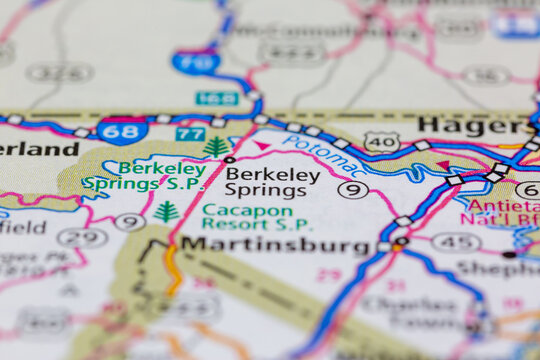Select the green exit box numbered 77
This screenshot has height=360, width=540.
[x=190, y=133]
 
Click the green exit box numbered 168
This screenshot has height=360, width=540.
[x=216, y=98]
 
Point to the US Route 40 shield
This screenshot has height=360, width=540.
[x=382, y=142]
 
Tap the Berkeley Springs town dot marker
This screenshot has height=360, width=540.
[x=229, y=159]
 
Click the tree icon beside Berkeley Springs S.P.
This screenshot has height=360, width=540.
[x=216, y=148]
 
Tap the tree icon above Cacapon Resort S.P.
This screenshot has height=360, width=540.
[x=166, y=211]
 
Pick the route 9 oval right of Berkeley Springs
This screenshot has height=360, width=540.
[x=352, y=189]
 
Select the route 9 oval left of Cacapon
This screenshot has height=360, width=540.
[x=129, y=221]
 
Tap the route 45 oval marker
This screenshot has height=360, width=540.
[x=456, y=241]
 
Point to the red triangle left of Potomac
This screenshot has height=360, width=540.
[x=262, y=147]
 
